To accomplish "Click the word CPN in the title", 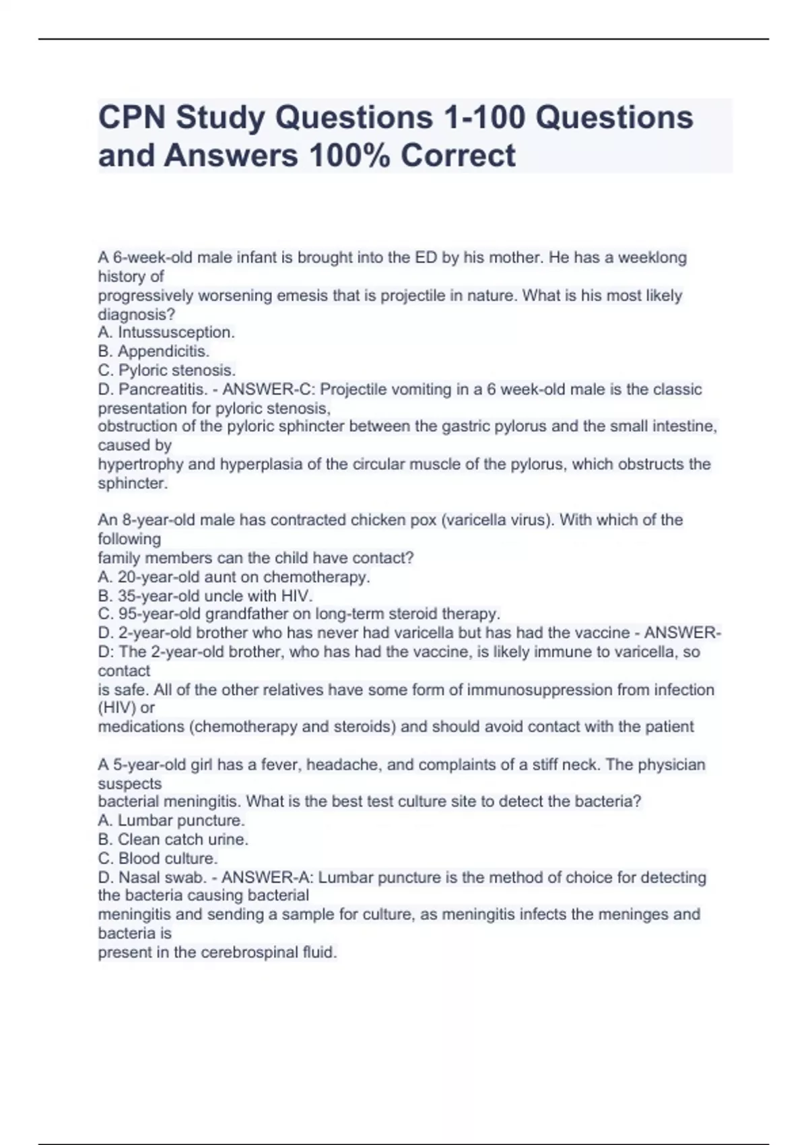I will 131,118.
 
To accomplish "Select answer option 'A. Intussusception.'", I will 166,332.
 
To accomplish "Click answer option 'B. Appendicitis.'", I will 154,351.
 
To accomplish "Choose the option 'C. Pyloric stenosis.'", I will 167,370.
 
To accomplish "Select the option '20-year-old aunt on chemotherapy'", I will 234,577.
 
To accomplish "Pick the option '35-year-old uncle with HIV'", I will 205,595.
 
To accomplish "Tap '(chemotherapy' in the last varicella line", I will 245,727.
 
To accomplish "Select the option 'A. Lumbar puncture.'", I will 171,820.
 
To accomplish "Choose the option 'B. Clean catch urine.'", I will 173,839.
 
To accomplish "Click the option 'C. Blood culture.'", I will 158,858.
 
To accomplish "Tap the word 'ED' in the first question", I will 426,257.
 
